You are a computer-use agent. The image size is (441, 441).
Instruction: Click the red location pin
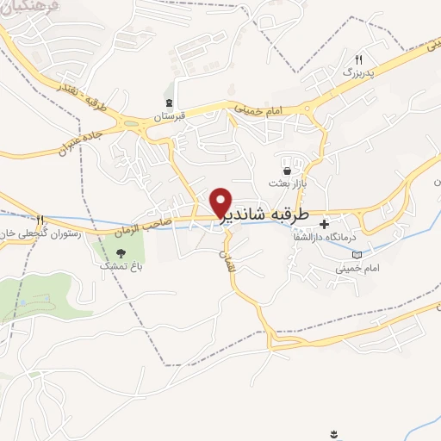(x=221, y=202)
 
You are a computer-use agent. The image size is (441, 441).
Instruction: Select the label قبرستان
(x=170, y=116)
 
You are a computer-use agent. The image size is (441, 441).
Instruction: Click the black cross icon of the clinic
(x=325, y=225)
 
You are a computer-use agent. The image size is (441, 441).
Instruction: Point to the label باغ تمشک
(x=122, y=269)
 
